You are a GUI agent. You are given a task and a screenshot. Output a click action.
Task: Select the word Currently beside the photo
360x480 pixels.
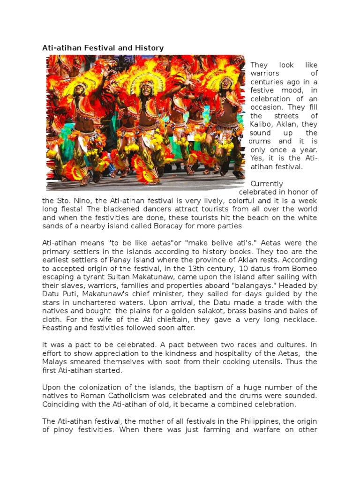267,183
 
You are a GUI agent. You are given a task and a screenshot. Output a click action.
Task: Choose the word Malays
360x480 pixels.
54,361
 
